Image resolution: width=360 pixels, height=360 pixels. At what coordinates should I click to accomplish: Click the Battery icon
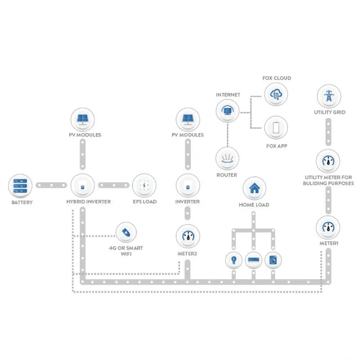tap(20, 186)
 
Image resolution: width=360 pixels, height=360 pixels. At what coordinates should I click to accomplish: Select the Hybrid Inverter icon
tap(82, 185)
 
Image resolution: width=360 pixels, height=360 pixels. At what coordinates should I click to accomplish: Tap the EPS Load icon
tap(144, 185)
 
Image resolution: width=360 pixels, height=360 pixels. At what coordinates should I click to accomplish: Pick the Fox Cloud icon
tap(276, 94)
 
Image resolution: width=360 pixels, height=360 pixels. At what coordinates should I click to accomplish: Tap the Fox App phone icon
tap(276, 128)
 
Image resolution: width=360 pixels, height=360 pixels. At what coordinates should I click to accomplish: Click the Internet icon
tap(227, 111)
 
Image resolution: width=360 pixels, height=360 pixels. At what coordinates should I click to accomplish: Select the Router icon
tap(227, 159)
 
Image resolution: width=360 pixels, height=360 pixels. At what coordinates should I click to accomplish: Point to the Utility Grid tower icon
tap(329, 96)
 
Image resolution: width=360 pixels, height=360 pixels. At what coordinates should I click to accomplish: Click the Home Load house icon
tap(254, 189)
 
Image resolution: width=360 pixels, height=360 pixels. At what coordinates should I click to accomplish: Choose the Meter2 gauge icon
tap(188, 236)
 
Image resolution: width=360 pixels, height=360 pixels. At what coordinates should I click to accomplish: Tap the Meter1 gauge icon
tap(328, 228)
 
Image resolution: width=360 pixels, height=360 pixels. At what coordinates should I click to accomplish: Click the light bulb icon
tap(234, 260)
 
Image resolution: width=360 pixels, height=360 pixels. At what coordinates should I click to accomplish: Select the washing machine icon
tap(273, 260)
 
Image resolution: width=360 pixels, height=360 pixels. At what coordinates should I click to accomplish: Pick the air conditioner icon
tap(253, 260)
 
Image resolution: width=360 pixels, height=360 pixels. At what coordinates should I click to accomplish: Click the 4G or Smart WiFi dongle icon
tap(126, 232)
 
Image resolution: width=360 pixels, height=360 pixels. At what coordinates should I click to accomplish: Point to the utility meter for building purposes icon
tap(328, 161)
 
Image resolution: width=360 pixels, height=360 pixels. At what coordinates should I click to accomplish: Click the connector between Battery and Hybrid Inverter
tap(51, 185)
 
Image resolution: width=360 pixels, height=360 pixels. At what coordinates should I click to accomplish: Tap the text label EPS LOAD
tap(144, 202)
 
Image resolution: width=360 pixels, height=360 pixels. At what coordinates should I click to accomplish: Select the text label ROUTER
tap(227, 175)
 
